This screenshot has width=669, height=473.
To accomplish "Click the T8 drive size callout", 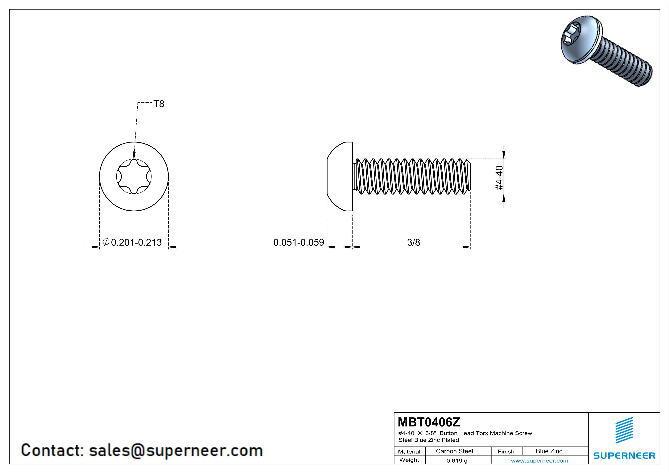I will click(x=159, y=104).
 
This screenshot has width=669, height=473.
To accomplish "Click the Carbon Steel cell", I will click(x=454, y=451).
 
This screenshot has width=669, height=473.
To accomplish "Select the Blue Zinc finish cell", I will click(x=549, y=451).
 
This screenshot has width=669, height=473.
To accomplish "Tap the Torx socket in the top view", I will click(x=134, y=176).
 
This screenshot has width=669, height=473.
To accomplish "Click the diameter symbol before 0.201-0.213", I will click(x=106, y=241).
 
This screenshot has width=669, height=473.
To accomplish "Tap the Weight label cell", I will click(x=409, y=460).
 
